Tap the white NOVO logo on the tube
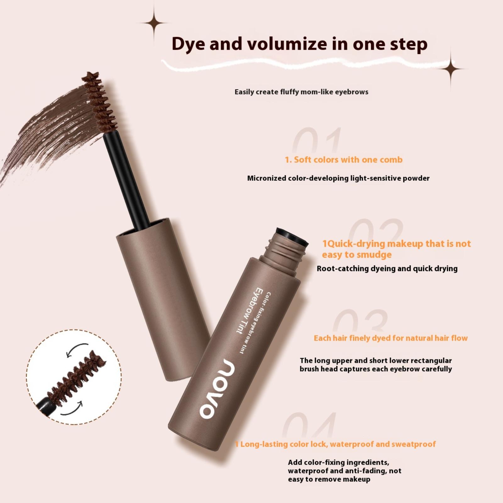pyautogui.click(x=217, y=389)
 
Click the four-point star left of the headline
pyautogui.click(x=154, y=23)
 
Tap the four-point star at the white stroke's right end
pyautogui.click(x=451, y=68)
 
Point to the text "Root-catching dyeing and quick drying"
pyautogui.click(x=387, y=268)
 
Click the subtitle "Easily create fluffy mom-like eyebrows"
pyautogui.click(x=301, y=92)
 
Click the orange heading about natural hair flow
pyautogui.click(x=391, y=338)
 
